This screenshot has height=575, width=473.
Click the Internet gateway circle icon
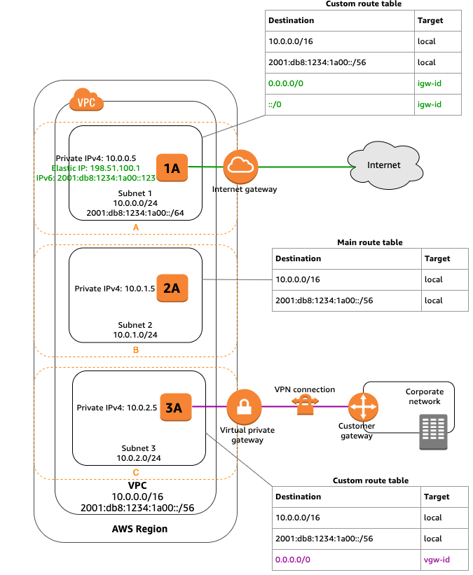point(241,167)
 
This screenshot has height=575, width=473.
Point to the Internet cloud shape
point(383,165)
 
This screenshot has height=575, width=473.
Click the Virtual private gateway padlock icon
point(244,406)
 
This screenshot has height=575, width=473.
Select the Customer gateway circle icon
point(363,406)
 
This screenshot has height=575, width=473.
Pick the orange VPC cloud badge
point(86,100)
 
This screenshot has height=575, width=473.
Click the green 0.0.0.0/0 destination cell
point(286,83)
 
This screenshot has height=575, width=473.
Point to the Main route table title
point(370,242)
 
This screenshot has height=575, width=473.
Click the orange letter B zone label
point(135,348)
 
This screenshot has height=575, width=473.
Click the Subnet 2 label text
point(136,325)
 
